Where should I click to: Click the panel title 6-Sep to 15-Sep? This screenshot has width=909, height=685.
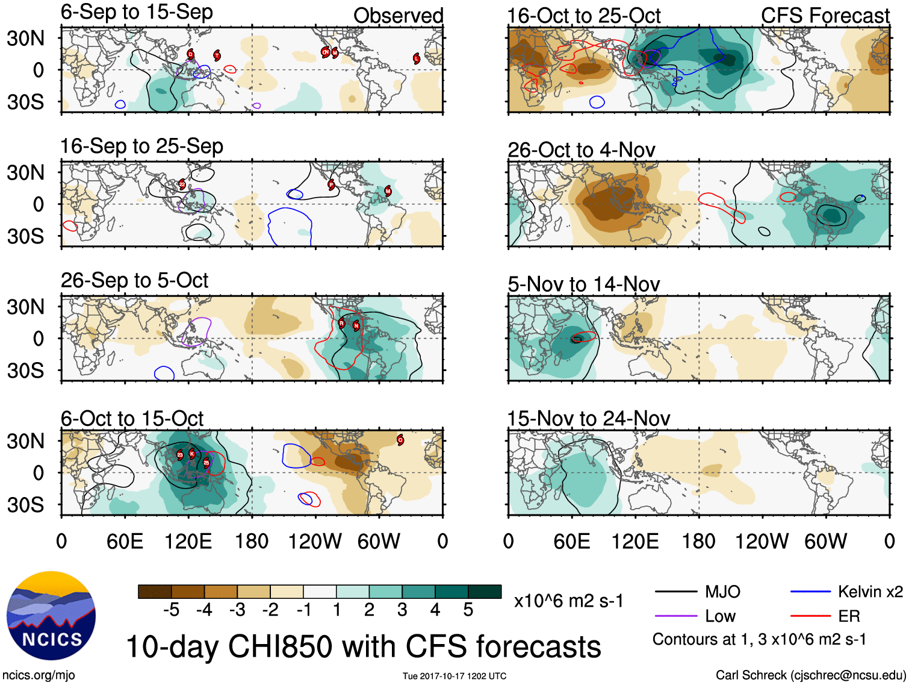[x=137, y=13]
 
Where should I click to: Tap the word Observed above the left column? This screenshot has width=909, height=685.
[x=398, y=16]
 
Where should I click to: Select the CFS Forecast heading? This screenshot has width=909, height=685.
[x=825, y=16]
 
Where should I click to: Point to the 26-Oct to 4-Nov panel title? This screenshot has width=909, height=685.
[x=581, y=150]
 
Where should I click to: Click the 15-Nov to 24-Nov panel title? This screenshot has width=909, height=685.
[x=588, y=418]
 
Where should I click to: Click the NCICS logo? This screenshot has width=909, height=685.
[x=51, y=615]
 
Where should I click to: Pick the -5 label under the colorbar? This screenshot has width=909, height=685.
[x=171, y=610]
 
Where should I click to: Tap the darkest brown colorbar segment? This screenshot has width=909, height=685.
[x=155, y=592]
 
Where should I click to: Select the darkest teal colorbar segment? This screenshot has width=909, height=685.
[x=485, y=592]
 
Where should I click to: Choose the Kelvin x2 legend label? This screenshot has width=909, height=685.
[x=870, y=592]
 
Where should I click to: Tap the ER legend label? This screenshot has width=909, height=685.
[x=849, y=616]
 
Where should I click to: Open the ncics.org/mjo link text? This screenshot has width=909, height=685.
[x=39, y=675]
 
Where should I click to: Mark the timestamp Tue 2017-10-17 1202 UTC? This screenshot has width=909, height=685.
[x=455, y=676]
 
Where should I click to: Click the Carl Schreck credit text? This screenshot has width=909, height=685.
[x=810, y=675]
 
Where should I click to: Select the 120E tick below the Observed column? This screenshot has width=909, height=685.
[x=188, y=541]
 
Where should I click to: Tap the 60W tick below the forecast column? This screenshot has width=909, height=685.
[x=825, y=541]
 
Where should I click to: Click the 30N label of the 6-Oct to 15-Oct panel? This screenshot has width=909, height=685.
[x=25, y=441]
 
